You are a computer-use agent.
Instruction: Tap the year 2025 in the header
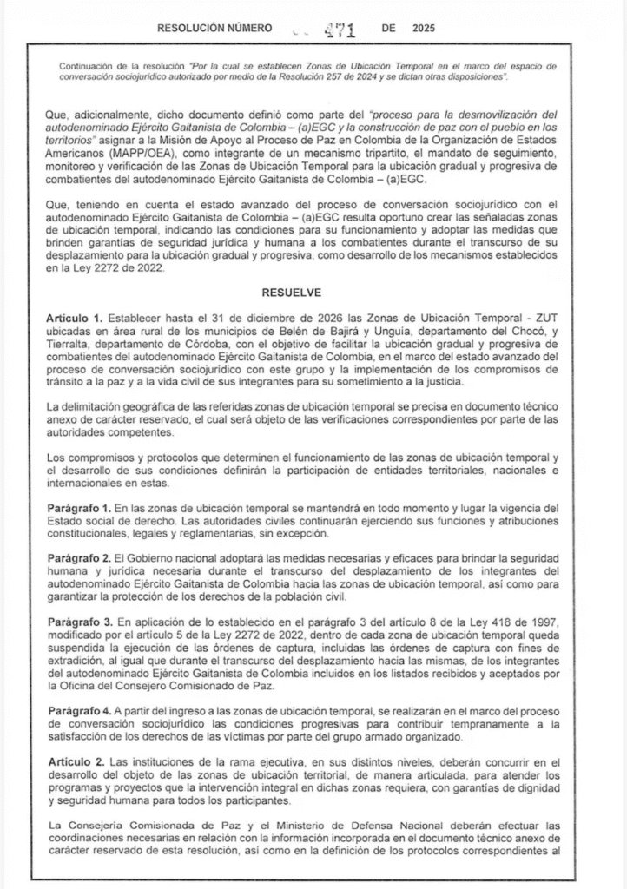point(420,29)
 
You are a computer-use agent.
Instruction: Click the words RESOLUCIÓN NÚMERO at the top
point(208,29)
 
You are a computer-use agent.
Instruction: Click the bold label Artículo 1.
point(74,320)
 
